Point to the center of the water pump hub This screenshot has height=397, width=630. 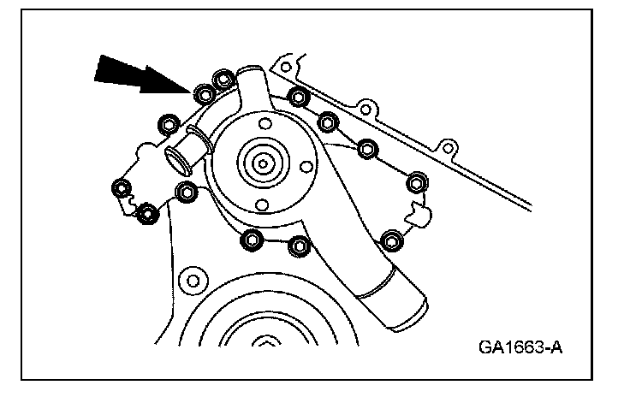pyautogui.click(x=262, y=161)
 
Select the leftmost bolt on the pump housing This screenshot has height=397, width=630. pyautogui.click(x=122, y=188)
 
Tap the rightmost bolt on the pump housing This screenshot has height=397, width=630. pyautogui.click(x=417, y=181)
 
